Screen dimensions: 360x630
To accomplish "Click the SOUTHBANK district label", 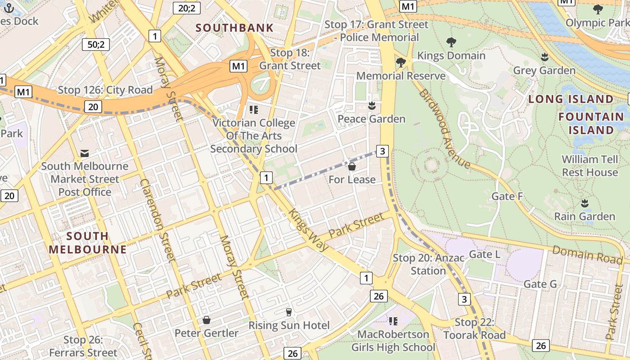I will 234,28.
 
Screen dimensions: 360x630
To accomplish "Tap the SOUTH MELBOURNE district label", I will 88,243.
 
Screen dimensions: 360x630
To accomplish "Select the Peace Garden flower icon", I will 372,106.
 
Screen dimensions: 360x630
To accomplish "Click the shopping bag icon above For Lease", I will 352,167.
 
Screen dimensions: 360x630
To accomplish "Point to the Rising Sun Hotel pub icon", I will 289,312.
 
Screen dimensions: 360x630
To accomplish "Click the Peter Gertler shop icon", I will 207,320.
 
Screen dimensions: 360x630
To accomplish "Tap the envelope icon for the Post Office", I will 85,153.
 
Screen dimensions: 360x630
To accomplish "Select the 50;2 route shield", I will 96,44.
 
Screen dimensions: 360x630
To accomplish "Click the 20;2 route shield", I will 186,7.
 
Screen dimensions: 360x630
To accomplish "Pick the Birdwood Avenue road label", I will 444,129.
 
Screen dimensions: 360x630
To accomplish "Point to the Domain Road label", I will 587,255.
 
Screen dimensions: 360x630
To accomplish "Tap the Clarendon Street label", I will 157,220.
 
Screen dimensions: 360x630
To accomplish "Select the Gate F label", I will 507,196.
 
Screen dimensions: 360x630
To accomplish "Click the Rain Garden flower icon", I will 585,203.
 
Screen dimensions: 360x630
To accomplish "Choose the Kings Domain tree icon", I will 451,42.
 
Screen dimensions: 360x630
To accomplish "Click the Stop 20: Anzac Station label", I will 428,264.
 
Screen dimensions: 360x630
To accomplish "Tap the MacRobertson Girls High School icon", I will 393,321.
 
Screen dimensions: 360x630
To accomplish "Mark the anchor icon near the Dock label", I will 9,8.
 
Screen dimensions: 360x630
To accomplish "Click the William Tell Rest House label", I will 589,166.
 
